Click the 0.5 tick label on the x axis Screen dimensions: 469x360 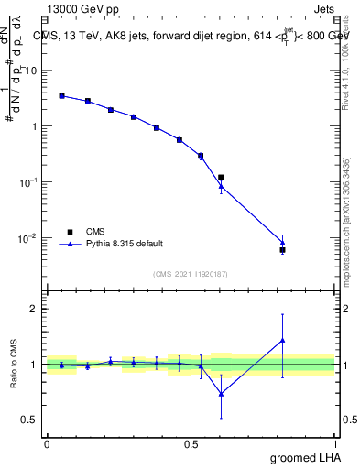[191, 443]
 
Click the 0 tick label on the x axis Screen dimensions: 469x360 [47, 443]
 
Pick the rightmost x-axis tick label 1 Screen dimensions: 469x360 [334, 443]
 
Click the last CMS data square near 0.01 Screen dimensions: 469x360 [283, 250]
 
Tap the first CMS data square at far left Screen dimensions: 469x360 [61, 95]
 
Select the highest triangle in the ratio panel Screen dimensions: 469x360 [283, 340]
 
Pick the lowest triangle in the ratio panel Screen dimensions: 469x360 [221, 394]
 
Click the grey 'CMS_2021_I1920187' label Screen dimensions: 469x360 [190, 273]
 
